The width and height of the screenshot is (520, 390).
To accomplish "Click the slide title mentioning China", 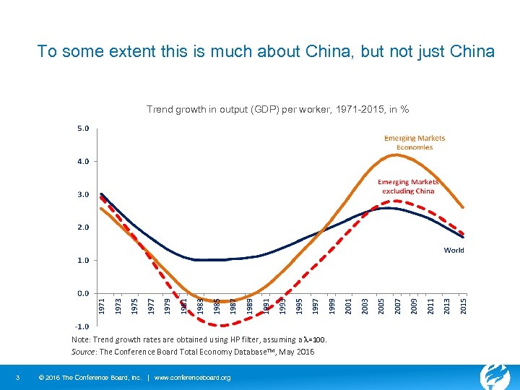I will tap(266, 52).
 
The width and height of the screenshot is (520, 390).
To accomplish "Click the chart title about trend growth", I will tap(278, 110).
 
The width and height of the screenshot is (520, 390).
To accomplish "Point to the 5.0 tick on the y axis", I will tap(82, 129).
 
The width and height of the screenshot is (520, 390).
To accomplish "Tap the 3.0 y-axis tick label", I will tap(82, 194).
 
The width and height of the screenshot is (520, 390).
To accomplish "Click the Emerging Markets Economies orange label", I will tap(415, 142).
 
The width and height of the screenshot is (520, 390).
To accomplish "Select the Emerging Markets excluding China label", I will tap(408, 186).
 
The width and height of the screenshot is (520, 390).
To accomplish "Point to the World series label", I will tap(454, 250).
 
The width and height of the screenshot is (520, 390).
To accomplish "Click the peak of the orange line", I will tap(396, 155).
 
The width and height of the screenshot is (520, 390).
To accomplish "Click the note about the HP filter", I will tap(199, 339).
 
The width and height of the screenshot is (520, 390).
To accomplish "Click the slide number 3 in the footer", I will tap(17, 378).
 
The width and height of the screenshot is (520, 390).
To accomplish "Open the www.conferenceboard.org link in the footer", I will tap(193, 378).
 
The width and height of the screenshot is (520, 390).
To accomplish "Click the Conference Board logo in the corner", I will tap(495, 376).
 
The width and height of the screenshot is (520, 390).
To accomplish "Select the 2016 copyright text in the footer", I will tap(88, 378).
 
